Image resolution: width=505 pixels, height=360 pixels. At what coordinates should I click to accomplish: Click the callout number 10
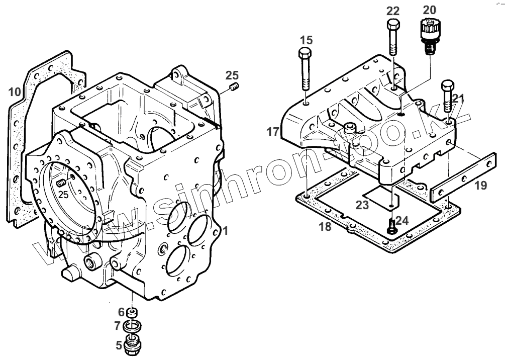click(x=14, y=92)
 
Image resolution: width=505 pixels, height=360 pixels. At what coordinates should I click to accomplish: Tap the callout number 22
click(x=393, y=11)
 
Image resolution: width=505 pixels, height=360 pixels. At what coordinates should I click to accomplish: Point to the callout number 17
click(x=273, y=132)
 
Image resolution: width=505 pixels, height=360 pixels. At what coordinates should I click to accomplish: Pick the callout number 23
click(x=363, y=205)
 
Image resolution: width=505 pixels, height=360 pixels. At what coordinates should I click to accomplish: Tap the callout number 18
click(x=325, y=227)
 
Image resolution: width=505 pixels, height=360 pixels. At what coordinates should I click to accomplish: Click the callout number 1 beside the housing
click(x=226, y=231)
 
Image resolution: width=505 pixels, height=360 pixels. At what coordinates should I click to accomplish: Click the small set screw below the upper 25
click(x=234, y=89)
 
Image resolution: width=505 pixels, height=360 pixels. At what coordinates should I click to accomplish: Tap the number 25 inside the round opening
click(x=63, y=194)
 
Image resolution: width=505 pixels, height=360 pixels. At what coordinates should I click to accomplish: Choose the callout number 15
click(x=307, y=40)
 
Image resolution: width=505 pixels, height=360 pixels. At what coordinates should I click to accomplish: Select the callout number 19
click(x=480, y=186)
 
